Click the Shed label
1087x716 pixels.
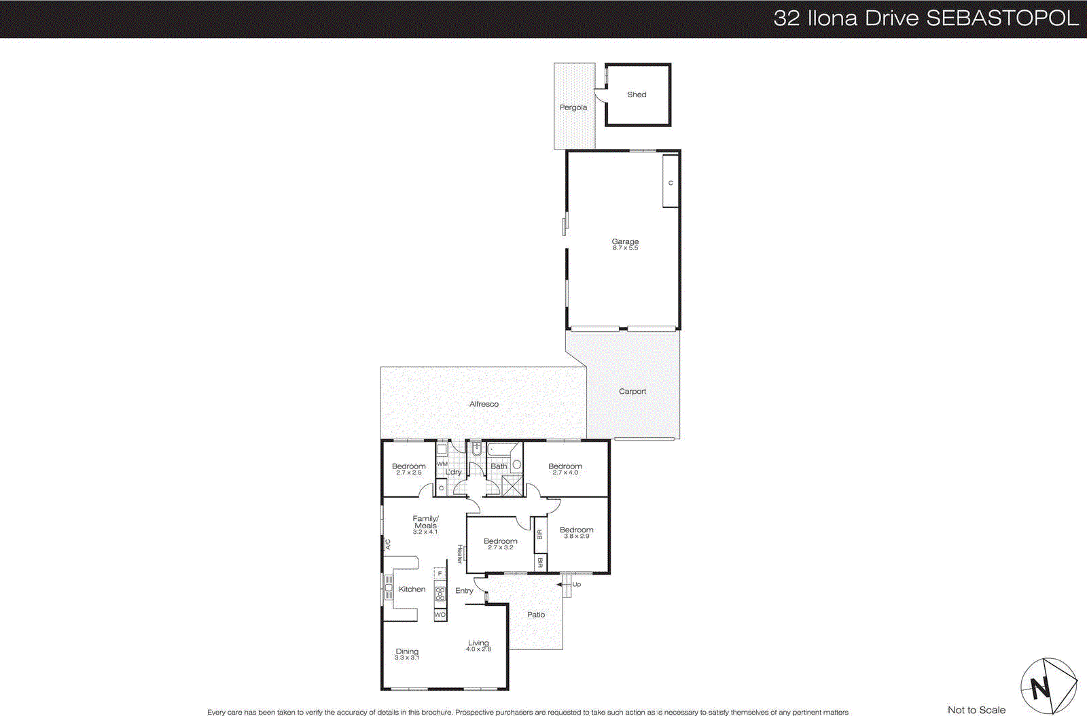click(637, 95)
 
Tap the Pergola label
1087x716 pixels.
click(573, 107)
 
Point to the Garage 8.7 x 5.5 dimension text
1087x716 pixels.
click(625, 248)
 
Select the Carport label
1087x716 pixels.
click(632, 392)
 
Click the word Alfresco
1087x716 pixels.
click(484, 404)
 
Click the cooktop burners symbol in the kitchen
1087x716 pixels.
click(440, 594)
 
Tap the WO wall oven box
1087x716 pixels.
click(440, 615)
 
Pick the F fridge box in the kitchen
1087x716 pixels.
click(440, 573)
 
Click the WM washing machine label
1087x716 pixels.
click(442, 464)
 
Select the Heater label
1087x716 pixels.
click(460, 554)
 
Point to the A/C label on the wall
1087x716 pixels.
click(388, 544)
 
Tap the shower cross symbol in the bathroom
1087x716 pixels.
click(512, 485)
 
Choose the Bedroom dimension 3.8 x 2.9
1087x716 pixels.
click(576, 536)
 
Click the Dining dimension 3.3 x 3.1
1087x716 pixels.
click(407, 658)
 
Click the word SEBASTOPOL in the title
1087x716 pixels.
click(1002, 18)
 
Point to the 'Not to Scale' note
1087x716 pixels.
click(976, 710)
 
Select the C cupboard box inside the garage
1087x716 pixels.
click(671, 182)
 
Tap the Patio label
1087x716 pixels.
click(536, 615)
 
